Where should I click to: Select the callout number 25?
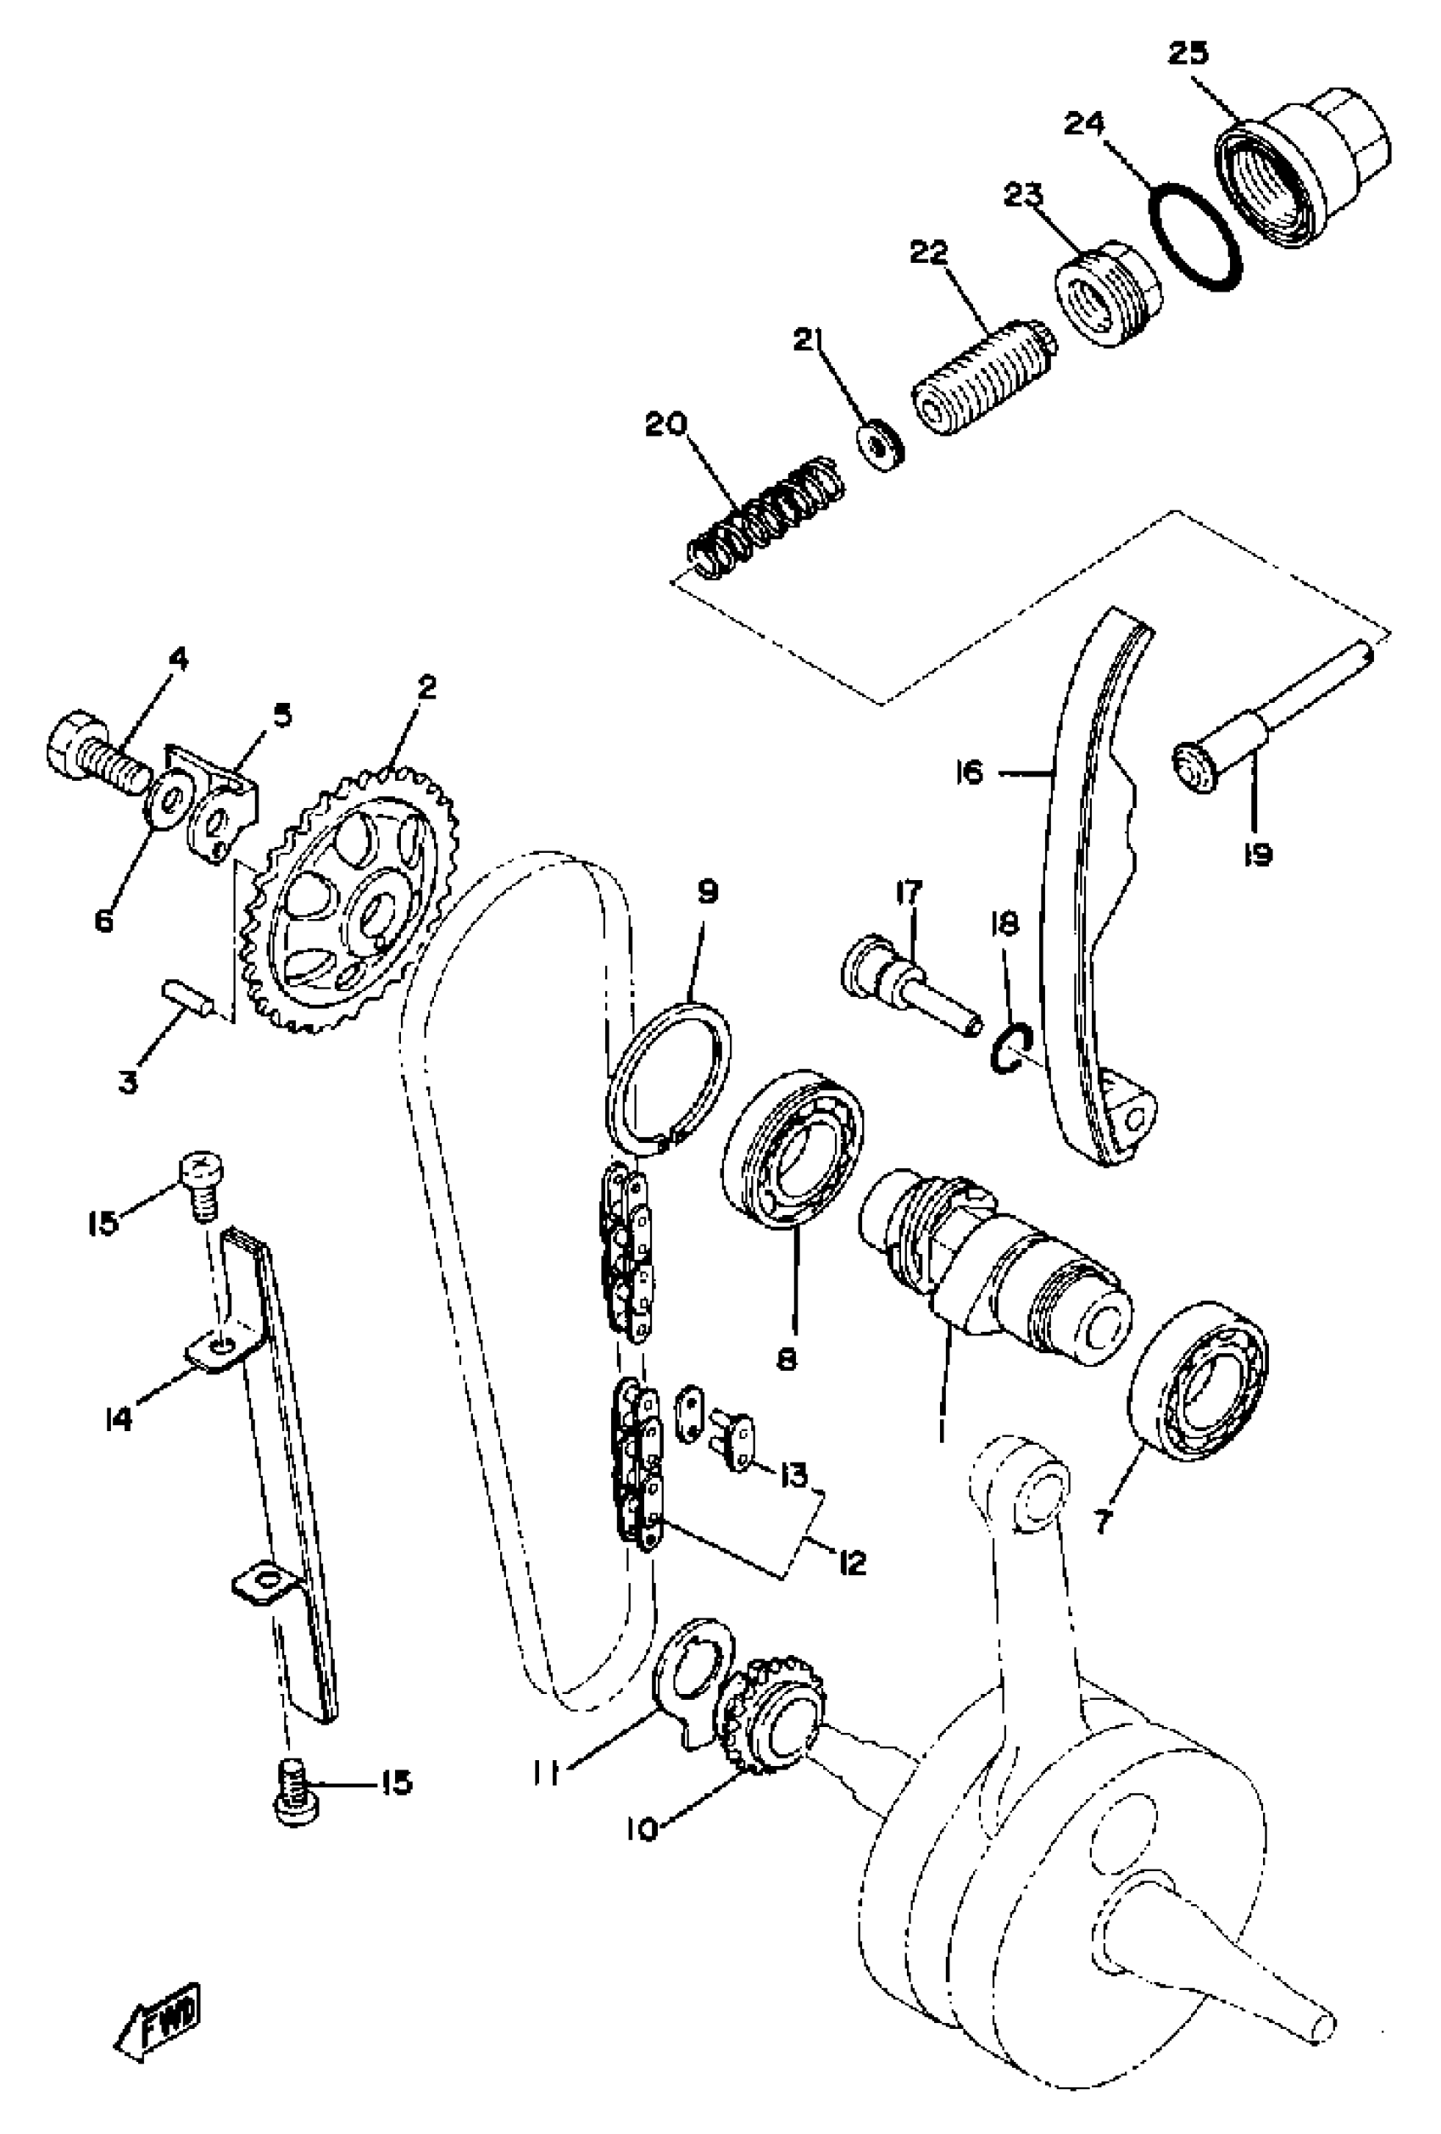pyautogui.click(x=1188, y=53)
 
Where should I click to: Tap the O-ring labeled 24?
pyautogui.click(x=1194, y=240)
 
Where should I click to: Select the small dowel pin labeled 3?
pyautogui.click(x=188, y=995)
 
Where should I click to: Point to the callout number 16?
pyautogui.click(x=968, y=773)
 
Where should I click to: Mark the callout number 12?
pyautogui.click(x=852, y=1562)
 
